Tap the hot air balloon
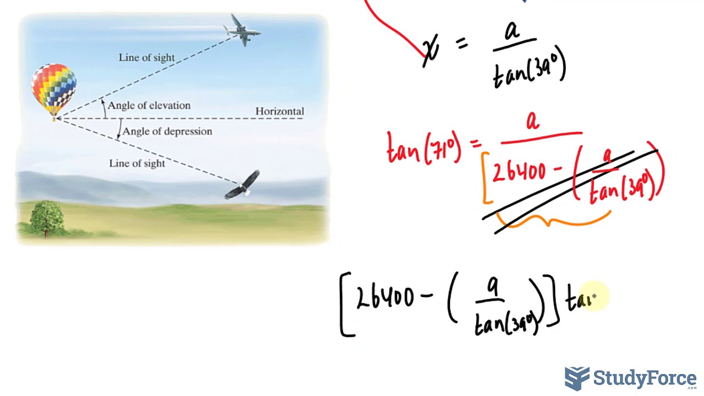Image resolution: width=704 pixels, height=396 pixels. pos(54,88)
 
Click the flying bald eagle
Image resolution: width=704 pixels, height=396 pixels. pos(244,185)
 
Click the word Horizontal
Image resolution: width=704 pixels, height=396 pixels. pos(279,111)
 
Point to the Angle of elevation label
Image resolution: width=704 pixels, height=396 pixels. pos(148,105)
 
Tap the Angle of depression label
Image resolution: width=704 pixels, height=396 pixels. pos(167,131)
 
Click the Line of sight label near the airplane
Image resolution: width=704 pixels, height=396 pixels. pos(146,57)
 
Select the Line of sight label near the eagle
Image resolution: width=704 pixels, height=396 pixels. pos(137,163)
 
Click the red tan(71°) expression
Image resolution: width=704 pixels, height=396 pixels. pos(424,148)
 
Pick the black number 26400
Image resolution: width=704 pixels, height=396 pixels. pos(385,298)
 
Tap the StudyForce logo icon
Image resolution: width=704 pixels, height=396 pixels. pos(577,378)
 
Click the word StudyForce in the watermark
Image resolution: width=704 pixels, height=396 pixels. pos(645,378)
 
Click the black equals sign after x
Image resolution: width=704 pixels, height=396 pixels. pos(461,44)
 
